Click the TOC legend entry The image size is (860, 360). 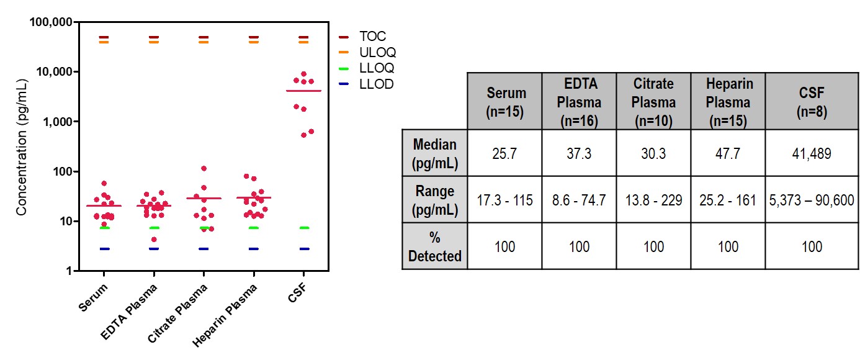372,37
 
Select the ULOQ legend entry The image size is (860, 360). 377,52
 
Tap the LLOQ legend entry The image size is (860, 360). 376,68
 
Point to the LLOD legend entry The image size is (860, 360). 376,84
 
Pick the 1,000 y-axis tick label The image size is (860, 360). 56,122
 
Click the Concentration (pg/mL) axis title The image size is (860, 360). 22,146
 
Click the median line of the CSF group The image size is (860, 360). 303,91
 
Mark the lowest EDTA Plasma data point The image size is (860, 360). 154,240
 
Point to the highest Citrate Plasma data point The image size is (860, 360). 204,168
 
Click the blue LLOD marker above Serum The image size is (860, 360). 104,249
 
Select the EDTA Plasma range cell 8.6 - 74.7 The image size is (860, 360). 579,200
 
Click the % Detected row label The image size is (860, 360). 435,246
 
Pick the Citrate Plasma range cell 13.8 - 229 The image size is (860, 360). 653,200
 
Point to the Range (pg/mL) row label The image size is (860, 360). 435,200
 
